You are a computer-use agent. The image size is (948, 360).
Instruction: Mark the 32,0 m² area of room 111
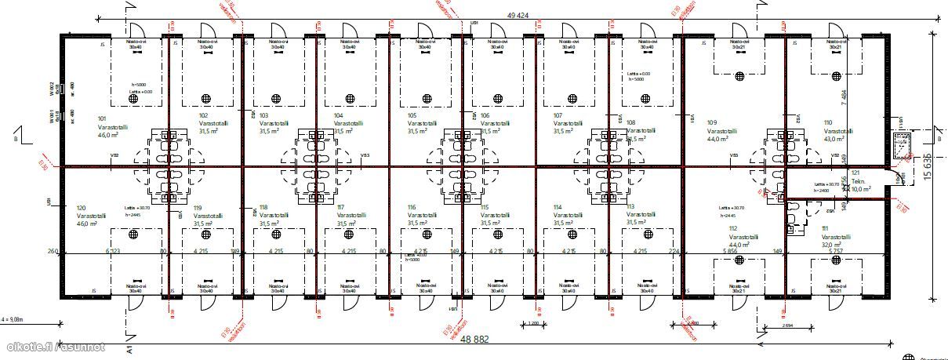click(x=832, y=244)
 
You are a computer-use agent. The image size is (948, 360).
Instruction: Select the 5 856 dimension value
click(x=731, y=252)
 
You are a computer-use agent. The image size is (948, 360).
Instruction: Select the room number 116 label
click(x=412, y=207)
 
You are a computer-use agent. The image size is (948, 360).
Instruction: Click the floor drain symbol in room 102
click(x=207, y=98)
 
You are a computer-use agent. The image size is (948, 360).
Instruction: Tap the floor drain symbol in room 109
click(x=739, y=76)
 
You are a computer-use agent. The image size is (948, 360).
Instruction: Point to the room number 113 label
click(x=630, y=207)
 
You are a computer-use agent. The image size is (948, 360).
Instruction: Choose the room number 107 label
click(x=558, y=115)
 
